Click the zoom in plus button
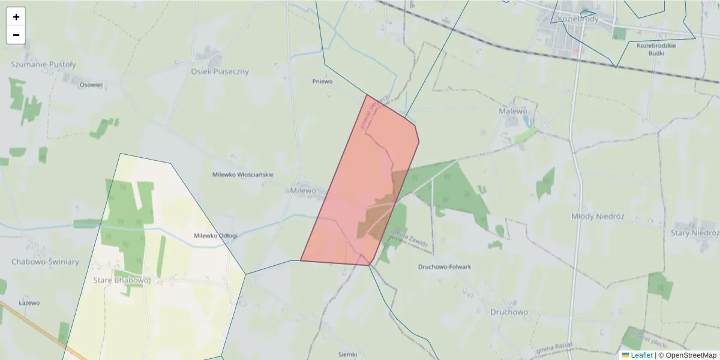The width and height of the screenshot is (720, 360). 16,17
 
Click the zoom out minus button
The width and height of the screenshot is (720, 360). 16,35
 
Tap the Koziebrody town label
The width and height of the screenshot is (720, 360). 578,19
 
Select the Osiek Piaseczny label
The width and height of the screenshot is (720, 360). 220,71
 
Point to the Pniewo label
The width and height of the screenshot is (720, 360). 322,81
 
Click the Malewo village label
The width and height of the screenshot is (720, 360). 513,111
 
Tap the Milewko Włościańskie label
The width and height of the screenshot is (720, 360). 242,175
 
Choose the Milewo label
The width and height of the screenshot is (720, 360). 302,190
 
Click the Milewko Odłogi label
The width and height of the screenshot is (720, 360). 215,236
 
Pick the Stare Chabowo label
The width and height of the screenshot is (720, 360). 121,280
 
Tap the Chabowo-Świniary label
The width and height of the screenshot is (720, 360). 45,262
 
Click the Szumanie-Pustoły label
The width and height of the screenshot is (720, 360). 44,64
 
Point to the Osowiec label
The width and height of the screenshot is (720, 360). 91,85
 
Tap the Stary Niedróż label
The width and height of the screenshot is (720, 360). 694,233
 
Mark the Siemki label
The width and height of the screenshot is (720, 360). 347,354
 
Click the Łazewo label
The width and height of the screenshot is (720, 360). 29,303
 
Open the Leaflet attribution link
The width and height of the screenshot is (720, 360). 641,355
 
